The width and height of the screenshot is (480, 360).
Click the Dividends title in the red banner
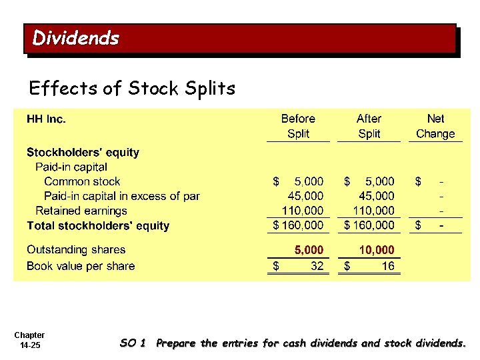75,38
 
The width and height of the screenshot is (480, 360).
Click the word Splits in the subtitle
211,88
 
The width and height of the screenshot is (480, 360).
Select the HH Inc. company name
46,119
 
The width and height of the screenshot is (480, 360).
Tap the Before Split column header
298,126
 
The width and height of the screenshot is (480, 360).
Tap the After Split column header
369,126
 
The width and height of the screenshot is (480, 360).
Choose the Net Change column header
435,126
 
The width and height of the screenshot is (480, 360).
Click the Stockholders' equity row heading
83,152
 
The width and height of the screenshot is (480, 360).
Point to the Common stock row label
82,181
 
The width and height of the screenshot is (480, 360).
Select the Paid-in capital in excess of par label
122,196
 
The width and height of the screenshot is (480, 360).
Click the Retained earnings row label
81,211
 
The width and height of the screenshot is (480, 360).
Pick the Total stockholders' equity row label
98,225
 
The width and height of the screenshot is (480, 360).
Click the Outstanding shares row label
76,250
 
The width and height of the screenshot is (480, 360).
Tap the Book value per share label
81,266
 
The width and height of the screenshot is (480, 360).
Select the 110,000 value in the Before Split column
301,211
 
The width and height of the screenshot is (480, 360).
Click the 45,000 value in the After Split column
377,196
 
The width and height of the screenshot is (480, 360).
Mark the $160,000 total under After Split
369,225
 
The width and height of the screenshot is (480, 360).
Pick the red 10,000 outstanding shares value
377,250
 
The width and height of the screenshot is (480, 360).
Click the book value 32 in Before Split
316,266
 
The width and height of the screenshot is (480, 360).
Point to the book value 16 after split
387,266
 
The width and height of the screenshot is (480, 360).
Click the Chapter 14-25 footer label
29,340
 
